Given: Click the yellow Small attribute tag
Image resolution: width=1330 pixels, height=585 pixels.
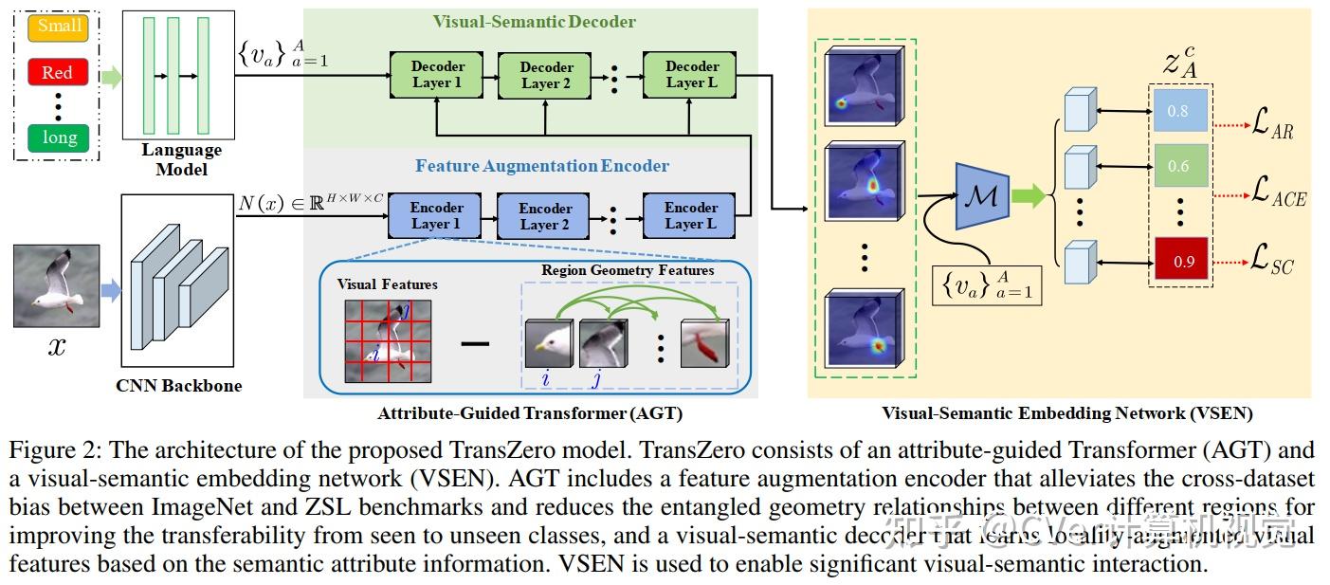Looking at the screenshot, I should point(59,27).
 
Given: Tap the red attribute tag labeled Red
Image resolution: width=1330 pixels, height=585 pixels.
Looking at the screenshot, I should point(57,73).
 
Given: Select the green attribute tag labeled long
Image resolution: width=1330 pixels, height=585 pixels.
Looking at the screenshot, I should point(59,138).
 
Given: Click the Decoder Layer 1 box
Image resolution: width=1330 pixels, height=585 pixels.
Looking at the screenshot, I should point(437,75).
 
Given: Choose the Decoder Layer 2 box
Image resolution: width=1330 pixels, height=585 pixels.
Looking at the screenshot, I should point(546,76).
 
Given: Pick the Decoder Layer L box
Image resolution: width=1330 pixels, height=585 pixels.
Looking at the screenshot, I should point(691,75).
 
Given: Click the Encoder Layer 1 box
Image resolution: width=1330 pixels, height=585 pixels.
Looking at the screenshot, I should point(436,216).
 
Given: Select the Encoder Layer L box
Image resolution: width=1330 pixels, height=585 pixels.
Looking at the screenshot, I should point(690,216).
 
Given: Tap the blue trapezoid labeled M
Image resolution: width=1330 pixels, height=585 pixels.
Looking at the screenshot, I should point(978,196).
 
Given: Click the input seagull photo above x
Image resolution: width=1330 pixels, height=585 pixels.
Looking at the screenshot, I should point(58,285).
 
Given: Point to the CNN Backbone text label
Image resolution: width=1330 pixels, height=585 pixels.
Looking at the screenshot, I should point(178,386).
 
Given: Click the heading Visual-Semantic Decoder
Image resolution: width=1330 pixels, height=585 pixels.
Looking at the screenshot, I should point(534,22).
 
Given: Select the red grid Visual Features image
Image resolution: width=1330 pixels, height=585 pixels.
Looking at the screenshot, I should point(387,340).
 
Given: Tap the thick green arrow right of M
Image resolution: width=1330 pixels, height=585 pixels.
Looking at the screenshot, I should point(1029,197).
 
